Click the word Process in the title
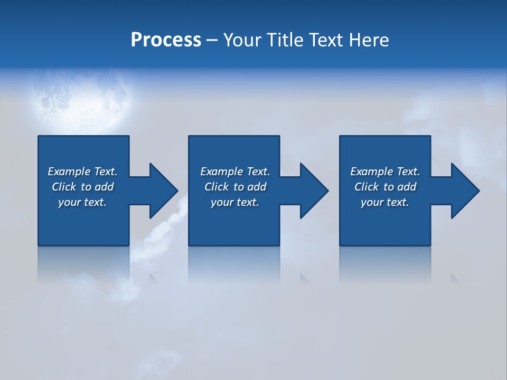coord(166,40)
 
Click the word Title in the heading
coord(283,40)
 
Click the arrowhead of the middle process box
coord(314,191)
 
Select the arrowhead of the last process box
coord(465,191)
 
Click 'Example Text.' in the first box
coord(82,172)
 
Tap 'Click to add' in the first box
coord(82,187)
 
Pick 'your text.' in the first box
coord(82,202)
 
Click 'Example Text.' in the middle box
coord(235,172)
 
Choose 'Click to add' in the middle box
coord(235,187)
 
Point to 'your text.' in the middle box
coord(235,202)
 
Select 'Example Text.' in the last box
coord(385,172)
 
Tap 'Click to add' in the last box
coord(385,187)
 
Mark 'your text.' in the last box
coord(385,202)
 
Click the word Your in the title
coord(243,40)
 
